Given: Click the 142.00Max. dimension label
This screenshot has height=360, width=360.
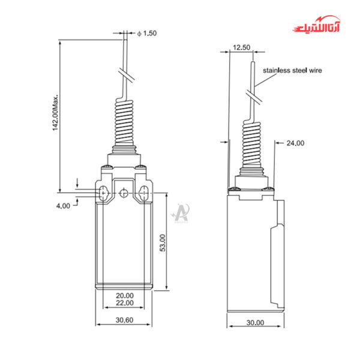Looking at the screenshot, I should click(x=55, y=112).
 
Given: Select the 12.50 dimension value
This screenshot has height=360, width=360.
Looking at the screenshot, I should click(x=241, y=46).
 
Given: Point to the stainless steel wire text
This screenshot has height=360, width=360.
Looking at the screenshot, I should click(x=292, y=70).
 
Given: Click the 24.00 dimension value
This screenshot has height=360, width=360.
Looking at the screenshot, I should click(x=295, y=143).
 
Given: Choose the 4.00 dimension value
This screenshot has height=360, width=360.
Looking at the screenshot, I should click(x=63, y=205).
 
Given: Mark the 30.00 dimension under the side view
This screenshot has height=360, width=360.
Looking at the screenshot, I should click(x=255, y=323).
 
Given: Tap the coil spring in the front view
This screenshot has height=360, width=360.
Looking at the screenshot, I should click(x=124, y=123).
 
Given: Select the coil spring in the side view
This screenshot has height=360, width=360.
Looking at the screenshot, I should click(x=252, y=144).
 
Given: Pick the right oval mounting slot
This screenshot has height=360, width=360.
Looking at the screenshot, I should click(x=144, y=193).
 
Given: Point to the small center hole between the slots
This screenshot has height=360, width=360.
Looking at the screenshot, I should click(x=124, y=193).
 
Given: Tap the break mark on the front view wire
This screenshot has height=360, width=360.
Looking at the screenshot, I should click(x=126, y=76).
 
